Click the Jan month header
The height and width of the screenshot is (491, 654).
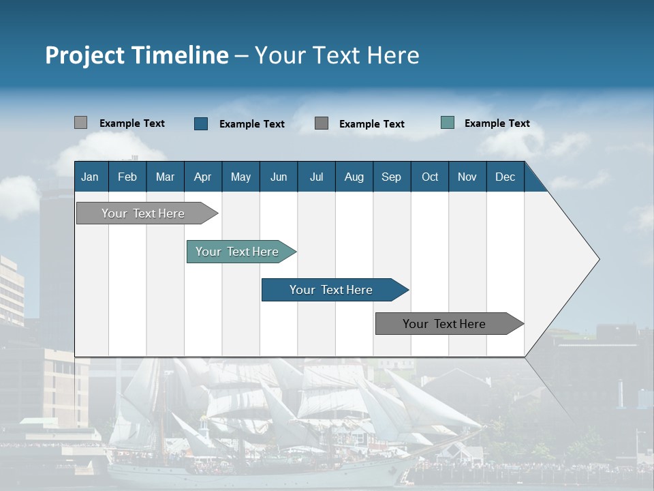tap(91, 177)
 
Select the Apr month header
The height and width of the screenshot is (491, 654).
tap(203, 177)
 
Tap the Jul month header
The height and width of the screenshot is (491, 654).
tap(316, 177)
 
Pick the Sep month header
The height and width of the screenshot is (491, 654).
tap(392, 177)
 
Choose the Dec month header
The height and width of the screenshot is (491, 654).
tap(505, 177)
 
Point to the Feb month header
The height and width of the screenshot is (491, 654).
tap(127, 177)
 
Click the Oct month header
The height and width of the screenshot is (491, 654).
tap(430, 177)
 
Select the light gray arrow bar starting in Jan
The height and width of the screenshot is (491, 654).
tap(144, 213)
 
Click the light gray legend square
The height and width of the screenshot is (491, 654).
tap(81, 123)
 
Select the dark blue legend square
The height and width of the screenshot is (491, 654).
tap(201, 123)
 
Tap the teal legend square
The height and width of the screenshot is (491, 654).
tap(448, 123)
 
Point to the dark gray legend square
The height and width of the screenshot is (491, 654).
tap(322, 123)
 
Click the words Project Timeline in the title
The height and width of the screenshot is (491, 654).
tap(137, 55)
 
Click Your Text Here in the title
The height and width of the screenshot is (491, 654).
tap(337, 55)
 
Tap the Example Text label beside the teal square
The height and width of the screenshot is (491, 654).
tap(497, 123)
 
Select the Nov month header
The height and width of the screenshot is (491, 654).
tap(467, 177)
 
